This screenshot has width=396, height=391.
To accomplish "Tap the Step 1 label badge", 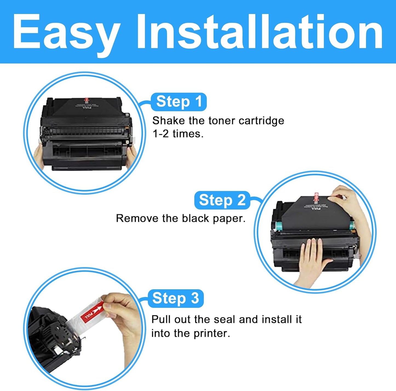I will tap(179, 102).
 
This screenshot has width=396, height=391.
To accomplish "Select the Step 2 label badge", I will tap(222, 200).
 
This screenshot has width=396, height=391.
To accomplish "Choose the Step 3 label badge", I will tap(175, 298).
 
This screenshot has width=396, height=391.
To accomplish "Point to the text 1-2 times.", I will tap(178, 134).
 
